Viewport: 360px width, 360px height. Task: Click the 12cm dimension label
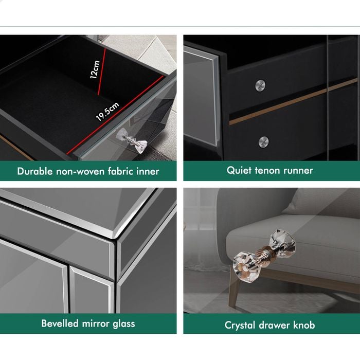tap(95, 69)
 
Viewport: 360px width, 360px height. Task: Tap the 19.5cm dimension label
tap(107, 112)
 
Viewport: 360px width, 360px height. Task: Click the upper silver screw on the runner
tap(260, 85)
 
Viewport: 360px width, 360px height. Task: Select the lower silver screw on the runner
tap(263, 141)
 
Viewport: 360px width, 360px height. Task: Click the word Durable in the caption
tap(35, 171)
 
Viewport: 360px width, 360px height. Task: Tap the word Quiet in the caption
tap(239, 171)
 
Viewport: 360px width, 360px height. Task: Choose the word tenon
tap(267, 171)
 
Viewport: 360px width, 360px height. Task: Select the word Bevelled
tap(60, 323)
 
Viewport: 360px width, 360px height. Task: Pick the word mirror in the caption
tap(96, 323)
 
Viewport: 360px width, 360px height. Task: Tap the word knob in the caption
tap(304, 325)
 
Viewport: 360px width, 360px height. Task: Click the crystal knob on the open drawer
tap(132, 140)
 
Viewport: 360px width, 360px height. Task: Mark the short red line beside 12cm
tap(102, 71)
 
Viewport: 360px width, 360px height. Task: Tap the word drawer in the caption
tap(274, 326)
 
